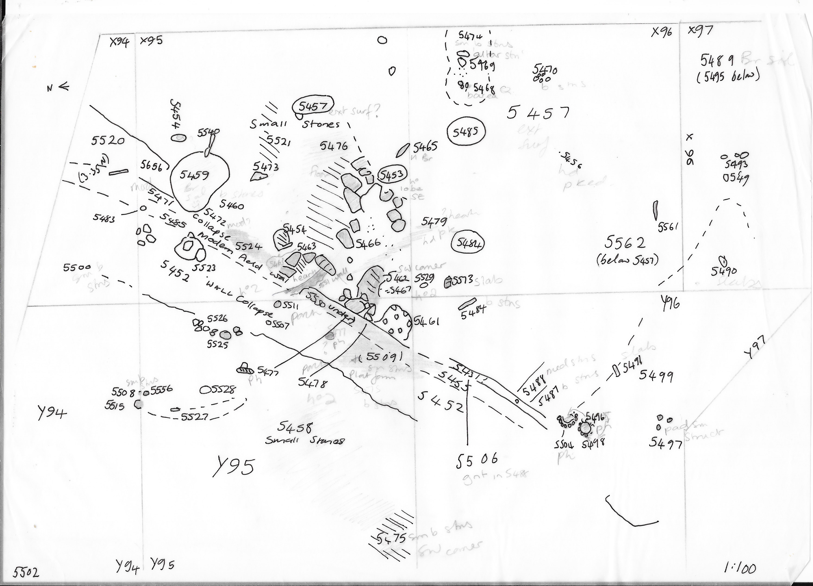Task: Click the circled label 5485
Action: pyautogui.click(x=466, y=132)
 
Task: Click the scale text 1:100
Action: pyautogui.click(x=740, y=568)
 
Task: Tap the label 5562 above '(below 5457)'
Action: pyautogui.click(x=625, y=243)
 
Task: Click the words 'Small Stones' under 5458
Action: pyautogui.click(x=305, y=440)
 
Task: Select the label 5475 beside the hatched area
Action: pyautogui.click(x=391, y=538)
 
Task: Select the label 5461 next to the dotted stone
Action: pyautogui.click(x=427, y=321)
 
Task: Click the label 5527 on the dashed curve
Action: pyautogui.click(x=195, y=417)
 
